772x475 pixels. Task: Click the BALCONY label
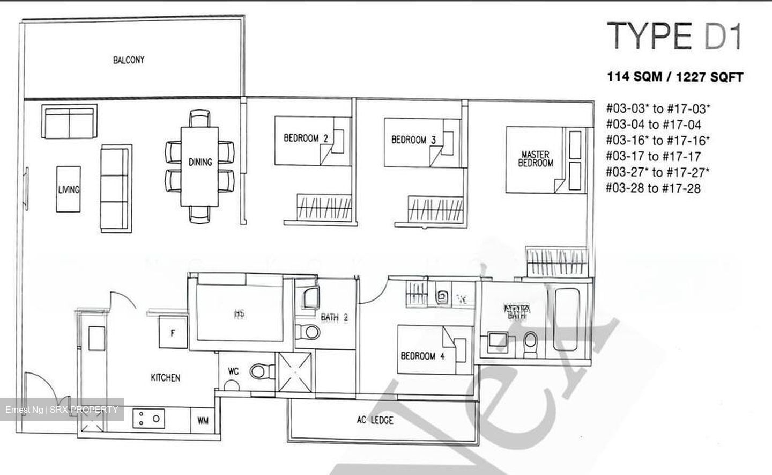(x=129, y=60)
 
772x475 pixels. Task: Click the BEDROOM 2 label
(x=306, y=138)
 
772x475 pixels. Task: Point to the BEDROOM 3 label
(x=413, y=140)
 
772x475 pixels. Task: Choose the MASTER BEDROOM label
(x=535, y=159)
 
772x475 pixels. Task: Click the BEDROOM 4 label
(x=423, y=355)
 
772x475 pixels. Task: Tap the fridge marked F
(x=173, y=333)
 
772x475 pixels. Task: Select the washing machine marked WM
(x=203, y=420)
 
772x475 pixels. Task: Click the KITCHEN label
(x=165, y=377)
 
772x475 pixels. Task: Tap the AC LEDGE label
(x=375, y=420)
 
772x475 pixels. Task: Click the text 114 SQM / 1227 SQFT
(x=674, y=77)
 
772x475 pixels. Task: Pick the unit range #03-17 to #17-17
(x=653, y=156)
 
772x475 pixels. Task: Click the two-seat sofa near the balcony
(x=70, y=122)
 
